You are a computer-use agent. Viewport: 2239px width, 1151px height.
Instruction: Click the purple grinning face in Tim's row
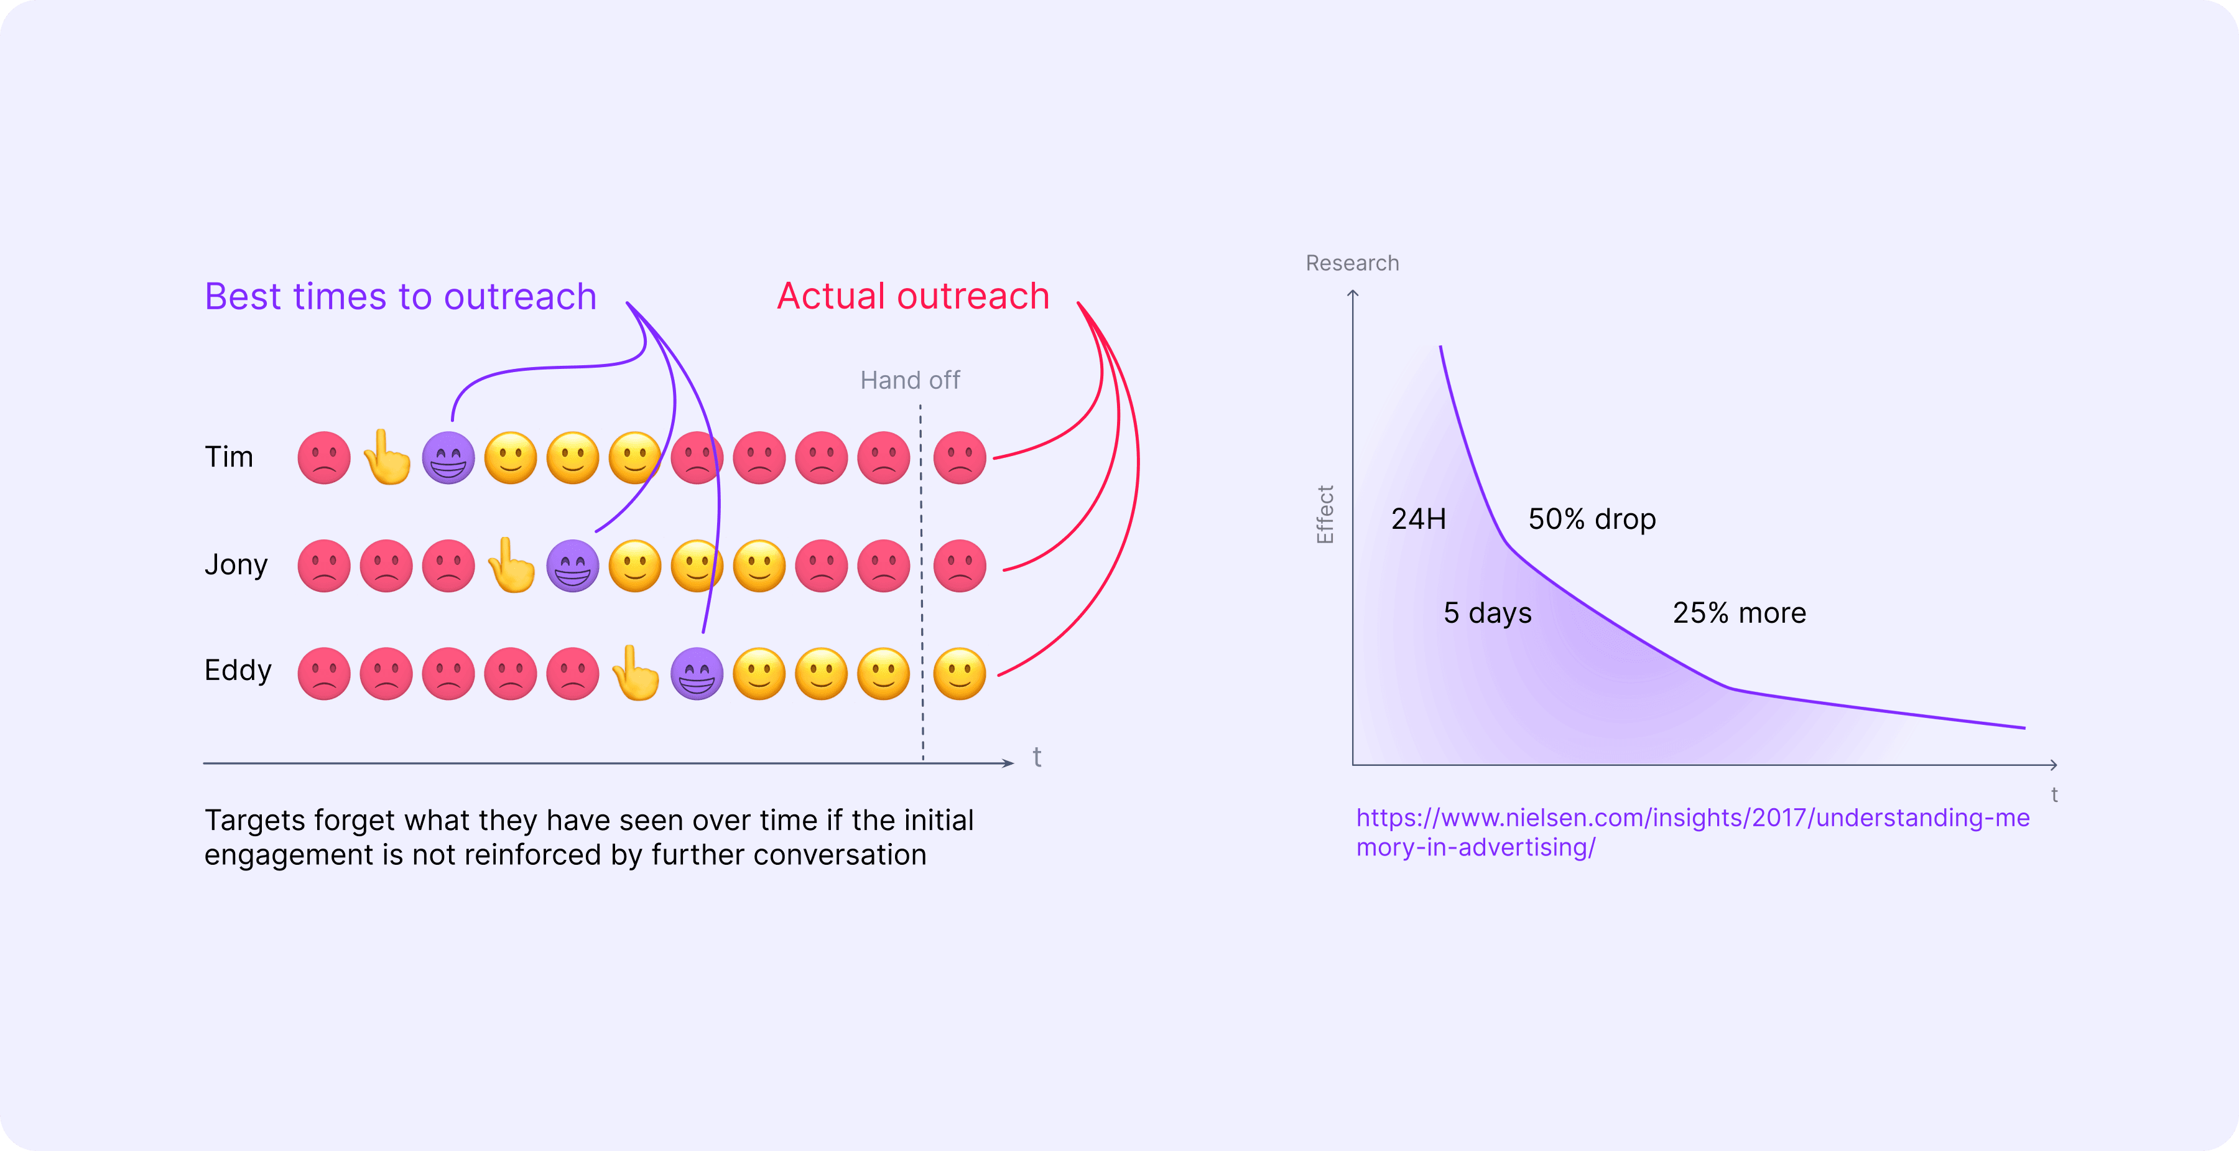[x=448, y=458]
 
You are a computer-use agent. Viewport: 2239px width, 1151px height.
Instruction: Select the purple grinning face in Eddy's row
[x=697, y=674]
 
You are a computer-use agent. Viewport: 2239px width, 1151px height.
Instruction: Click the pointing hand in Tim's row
[x=387, y=458]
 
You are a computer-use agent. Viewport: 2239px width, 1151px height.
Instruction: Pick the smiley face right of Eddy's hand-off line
[x=960, y=674]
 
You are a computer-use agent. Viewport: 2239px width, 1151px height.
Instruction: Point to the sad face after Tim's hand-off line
[x=960, y=458]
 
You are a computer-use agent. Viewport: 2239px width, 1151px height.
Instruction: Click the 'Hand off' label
[x=910, y=381]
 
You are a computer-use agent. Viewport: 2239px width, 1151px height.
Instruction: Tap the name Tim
[x=229, y=457]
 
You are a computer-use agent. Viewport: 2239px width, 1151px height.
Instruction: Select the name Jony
[x=236, y=565]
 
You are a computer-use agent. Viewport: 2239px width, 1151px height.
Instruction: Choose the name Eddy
[x=238, y=670]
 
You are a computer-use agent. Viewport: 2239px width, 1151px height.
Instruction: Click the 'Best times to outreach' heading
[x=401, y=296]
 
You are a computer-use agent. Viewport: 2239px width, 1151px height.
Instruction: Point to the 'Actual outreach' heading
[x=912, y=296]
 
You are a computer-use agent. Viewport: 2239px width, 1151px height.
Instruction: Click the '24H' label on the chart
[x=1419, y=519]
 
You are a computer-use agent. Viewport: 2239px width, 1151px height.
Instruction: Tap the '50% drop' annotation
[x=1592, y=519]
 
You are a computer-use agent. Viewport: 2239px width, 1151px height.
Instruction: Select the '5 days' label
[x=1487, y=613]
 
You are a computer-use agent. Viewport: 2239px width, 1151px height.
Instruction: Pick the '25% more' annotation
[x=1739, y=613]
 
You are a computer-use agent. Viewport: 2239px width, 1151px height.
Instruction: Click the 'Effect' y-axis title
[x=1325, y=515]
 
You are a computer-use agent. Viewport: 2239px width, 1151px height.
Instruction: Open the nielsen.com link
[x=1692, y=818]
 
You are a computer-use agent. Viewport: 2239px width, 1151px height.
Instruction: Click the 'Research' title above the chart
[x=1353, y=263]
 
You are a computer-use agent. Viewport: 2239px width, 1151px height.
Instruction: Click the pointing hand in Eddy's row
[x=636, y=674]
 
